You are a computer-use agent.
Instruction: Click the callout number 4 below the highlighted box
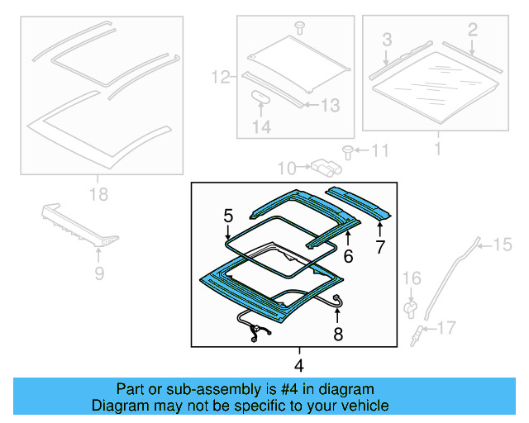pyautogui.click(x=298, y=364)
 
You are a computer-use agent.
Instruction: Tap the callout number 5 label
pyautogui.click(x=228, y=216)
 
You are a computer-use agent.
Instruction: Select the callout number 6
pyautogui.click(x=348, y=257)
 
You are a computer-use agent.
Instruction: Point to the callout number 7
pyautogui.click(x=379, y=247)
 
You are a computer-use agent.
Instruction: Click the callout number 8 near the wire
pyautogui.click(x=337, y=335)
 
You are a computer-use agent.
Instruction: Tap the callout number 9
pyautogui.click(x=99, y=271)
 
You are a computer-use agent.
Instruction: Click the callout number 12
pyautogui.click(x=218, y=78)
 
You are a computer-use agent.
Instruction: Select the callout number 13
pyautogui.click(x=330, y=105)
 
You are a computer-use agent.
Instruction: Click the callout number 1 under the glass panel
pyautogui.click(x=437, y=150)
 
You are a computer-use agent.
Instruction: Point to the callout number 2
pyautogui.click(x=472, y=31)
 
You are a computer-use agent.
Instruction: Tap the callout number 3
pyautogui.click(x=386, y=39)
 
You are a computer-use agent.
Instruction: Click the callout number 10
pyautogui.click(x=286, y=169)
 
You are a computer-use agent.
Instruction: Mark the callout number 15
pyautogui.click(x=503, y=243)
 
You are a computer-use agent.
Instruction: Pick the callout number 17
pyautogui.click(x=446, y=330)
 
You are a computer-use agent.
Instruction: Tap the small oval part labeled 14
pyautogui.click(x=261, y=96)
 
